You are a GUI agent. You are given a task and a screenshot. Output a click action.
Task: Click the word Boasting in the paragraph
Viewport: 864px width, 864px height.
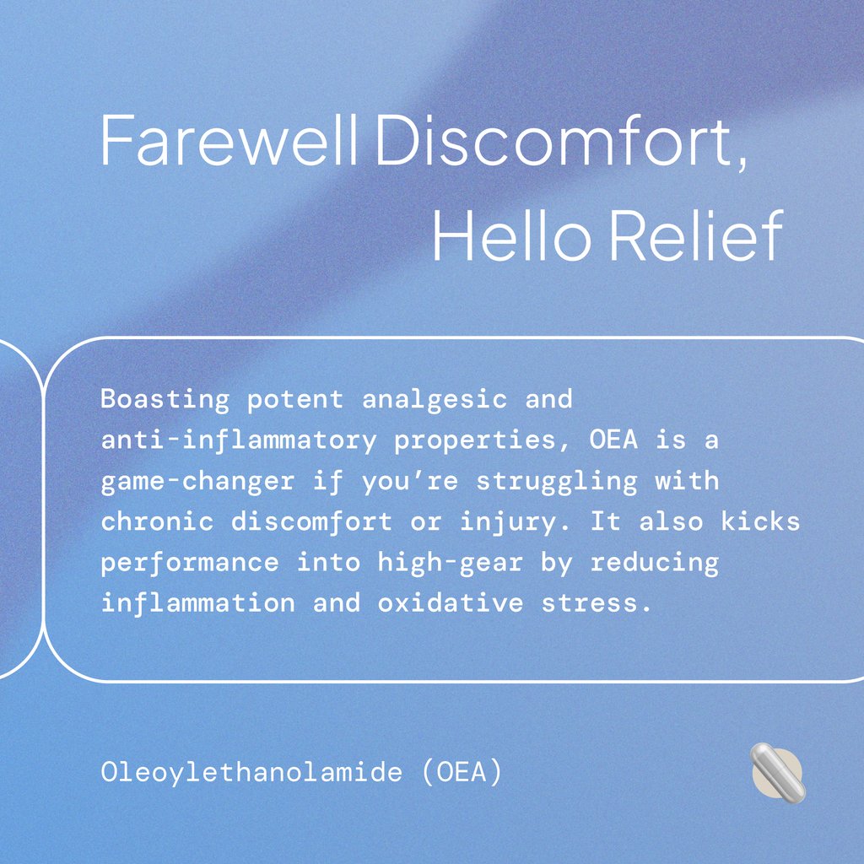coord(165,399)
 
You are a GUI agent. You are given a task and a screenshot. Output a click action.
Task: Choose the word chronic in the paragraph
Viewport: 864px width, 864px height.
coord(157,522)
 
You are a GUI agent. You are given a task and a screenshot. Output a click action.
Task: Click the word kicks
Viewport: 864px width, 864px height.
coord(760,522)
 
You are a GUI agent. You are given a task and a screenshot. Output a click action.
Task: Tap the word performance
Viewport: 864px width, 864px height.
coord(190,563)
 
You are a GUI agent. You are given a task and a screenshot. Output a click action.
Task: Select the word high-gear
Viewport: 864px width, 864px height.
coord(451,563)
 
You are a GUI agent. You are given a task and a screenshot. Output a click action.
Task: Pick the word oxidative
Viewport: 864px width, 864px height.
coord(451,603)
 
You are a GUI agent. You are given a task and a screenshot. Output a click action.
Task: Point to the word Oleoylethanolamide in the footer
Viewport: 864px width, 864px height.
coord(251,772)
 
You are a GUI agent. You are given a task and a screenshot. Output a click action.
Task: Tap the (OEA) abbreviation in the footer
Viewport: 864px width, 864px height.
coord(459,772)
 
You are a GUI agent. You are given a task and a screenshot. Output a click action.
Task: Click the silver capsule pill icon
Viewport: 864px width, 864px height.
coord(778,772)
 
